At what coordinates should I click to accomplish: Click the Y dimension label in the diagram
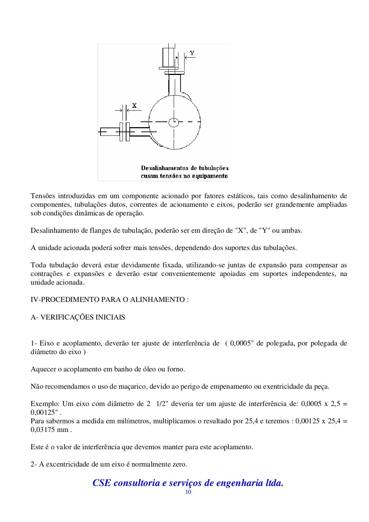[192, 53]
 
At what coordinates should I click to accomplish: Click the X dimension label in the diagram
[134, 106]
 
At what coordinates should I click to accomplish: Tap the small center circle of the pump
[173, 122]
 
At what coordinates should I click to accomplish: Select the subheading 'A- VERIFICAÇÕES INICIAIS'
[78, 317]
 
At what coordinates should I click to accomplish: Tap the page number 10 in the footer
[188, 492]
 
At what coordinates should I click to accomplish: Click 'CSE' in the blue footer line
[102, 483]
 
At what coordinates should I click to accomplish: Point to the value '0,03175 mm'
[50, 430]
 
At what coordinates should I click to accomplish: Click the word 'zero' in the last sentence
[179, 464]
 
